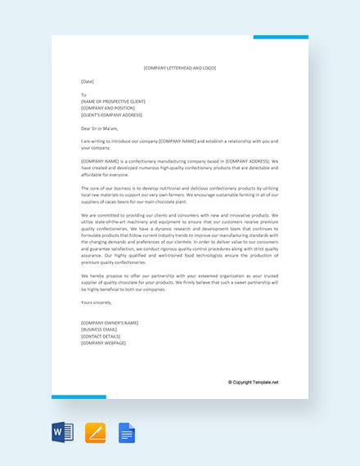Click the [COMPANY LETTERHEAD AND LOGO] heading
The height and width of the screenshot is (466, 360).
pyautogui.click(x=179, y=68)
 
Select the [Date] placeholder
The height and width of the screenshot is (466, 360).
pyautogui.click(x=88, y=82)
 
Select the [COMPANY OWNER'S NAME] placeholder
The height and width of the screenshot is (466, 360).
pyautogui.click(x=110, y=324)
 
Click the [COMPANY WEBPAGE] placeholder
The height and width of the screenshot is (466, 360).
pyautogui.click(x=104, y=343)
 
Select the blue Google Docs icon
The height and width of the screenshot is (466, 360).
pyautogui.click(x=127, y=432)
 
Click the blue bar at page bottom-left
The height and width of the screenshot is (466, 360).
pyautogui.click(x=79, y=397)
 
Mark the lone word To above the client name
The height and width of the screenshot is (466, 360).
pyautogui.click(x=83, y=95)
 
